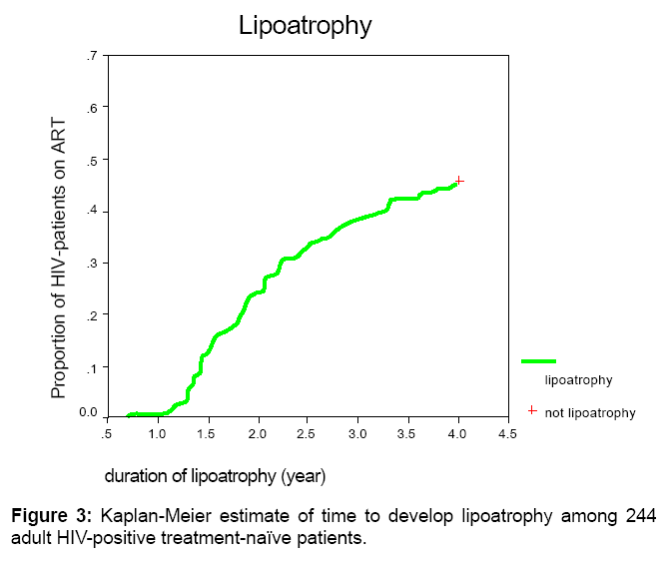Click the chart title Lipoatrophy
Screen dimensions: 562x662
(305, 27)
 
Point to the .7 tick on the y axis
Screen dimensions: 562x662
(91, 56)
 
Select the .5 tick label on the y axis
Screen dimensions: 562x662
(91, 160)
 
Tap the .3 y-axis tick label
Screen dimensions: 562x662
(91, 264)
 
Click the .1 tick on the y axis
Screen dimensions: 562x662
(91, 367)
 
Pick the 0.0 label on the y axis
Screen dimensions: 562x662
(88, 413)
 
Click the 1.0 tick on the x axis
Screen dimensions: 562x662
(157, 434)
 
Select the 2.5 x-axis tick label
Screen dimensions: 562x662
(308, 434)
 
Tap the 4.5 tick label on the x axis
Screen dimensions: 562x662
(507, 434)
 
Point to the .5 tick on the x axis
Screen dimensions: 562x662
(107, 434)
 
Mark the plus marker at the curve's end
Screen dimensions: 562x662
(458, 181)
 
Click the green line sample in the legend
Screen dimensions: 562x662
(538, 360)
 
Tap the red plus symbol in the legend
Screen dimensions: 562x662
(532, 410)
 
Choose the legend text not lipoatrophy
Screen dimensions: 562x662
(589, 412)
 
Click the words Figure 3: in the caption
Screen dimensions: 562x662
(49, 516)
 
